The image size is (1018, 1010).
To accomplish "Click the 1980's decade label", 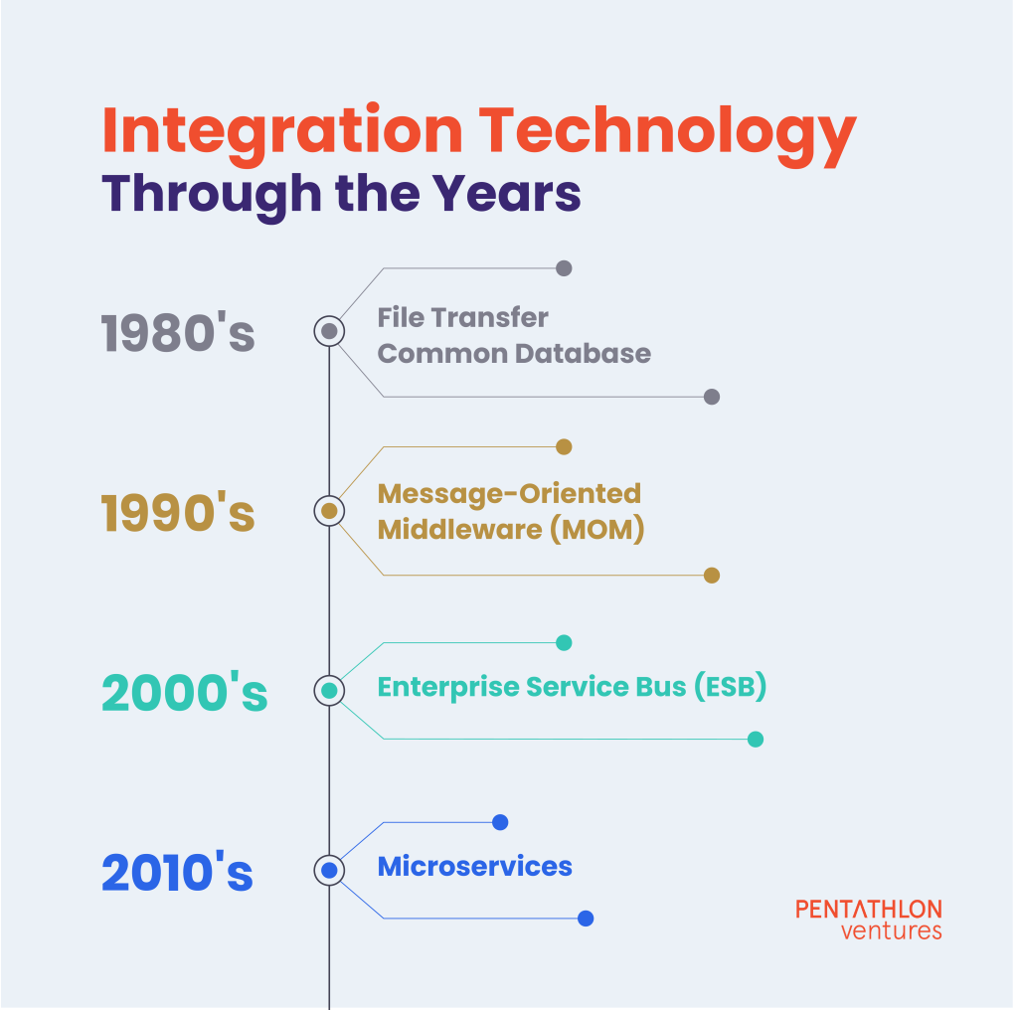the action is pyautogui.click(x=178, y=332).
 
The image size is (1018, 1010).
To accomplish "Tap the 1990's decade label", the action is pyautogui.click(x=178, y=512).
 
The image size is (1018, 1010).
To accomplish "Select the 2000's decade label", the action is pyautogui.click(x=184, y=691).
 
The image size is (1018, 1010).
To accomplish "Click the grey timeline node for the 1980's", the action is pyautogui.click(x=329, y=331).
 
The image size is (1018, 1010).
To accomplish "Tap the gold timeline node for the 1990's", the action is pyautogui.click(x=329, y=511).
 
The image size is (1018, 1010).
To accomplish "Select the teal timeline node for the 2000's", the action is pyautogui.click(x=329, y=690).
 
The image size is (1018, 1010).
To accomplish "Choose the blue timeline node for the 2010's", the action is pyautogui.click(x=329, y=870).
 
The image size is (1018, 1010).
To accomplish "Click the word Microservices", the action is pyautogui.click(x=474, y=867).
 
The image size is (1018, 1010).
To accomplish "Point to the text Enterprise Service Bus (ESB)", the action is pyautogui.click(x=572, y=687).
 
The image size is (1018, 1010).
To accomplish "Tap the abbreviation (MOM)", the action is pyautogui.click(x=597, y=529).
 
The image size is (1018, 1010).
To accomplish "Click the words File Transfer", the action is pyautogui.click(x=463, y=317).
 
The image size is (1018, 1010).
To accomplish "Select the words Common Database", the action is pyautogui.click(x=514, y=354).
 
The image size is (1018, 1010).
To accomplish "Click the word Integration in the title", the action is pyautogui.click(x=282, y=132).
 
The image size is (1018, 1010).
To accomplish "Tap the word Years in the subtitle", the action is pyautogui.click(x=506, y=194).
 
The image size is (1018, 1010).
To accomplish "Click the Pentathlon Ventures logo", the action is pyautogui.click(x=869, y=920).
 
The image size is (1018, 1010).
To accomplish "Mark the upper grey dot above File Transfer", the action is pyautogui.click(x=565, y=268).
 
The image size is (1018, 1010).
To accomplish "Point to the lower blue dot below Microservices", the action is pyautogui.click(x=586, y=919).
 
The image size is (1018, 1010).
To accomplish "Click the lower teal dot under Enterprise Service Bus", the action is pyautogui.click(x=756, y=740).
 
